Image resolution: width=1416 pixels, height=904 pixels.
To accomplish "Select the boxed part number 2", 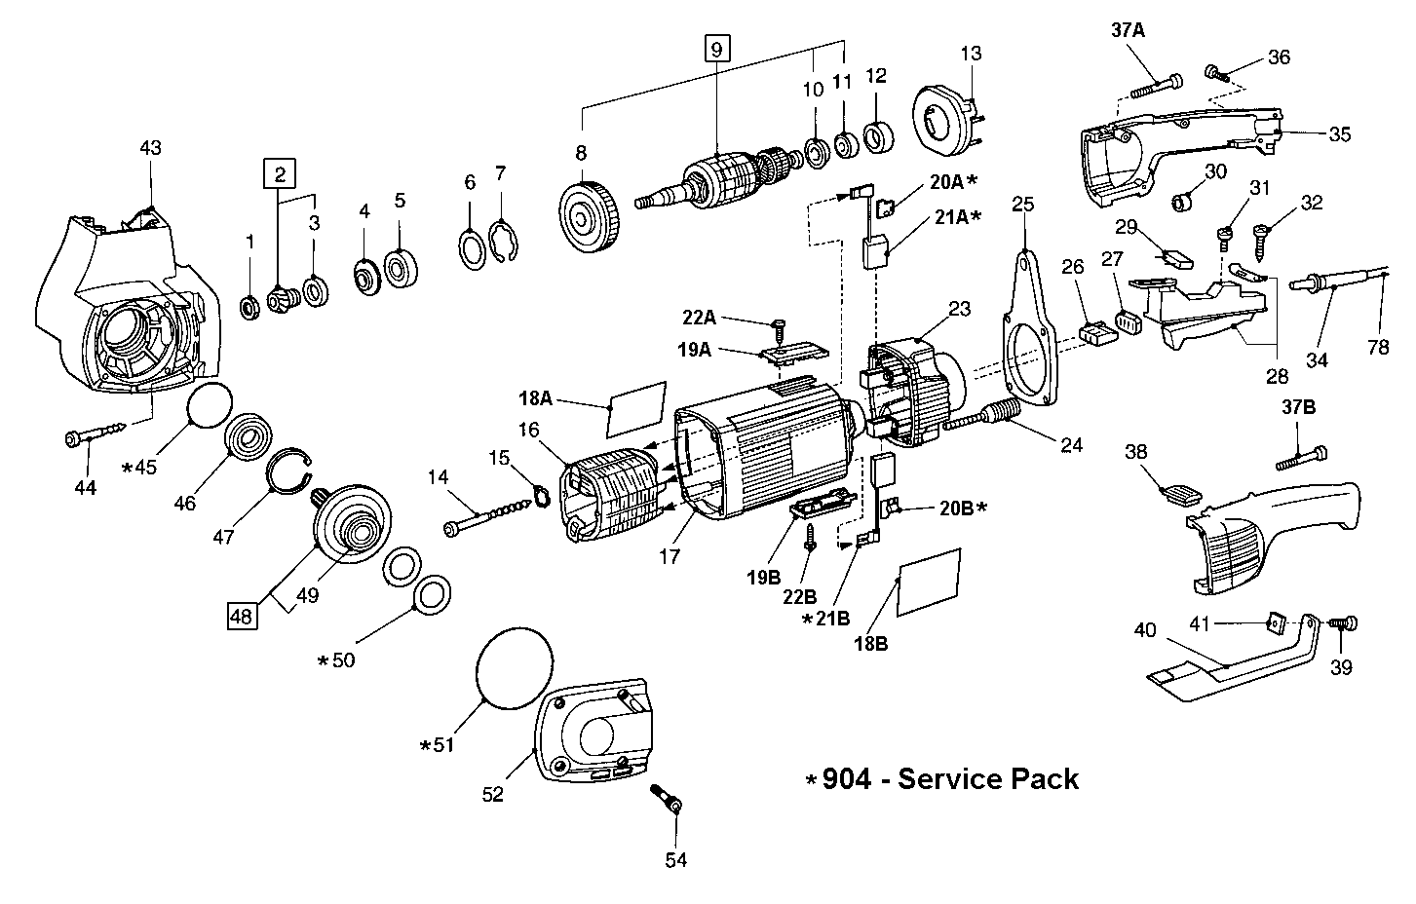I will coord(281,175).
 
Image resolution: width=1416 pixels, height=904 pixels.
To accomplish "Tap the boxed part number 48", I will coord(243,616).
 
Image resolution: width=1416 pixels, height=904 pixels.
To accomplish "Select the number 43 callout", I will coord(150,148).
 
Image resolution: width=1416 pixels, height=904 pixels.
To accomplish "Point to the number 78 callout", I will coord(1378,346).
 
